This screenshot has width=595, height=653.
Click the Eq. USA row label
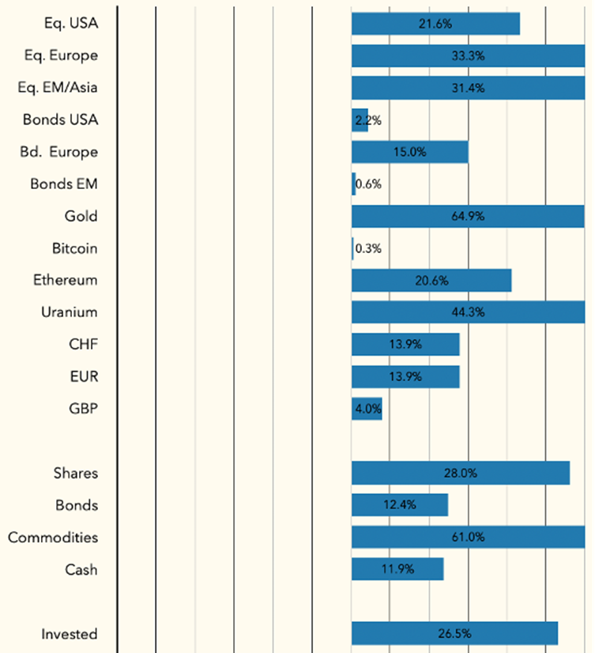click(71, 24)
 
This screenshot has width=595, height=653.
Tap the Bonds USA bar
click(360, 120)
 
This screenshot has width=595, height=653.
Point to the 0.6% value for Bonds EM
click(369, 184)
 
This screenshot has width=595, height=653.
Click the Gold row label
click(81, 216)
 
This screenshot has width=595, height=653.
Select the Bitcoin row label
click(74, 248)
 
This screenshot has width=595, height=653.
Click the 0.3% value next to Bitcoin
click(369, 248)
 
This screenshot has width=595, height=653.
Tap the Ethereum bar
click(431, 281)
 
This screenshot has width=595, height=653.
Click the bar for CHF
click(405, 345)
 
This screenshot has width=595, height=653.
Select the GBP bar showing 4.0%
click(367, 409)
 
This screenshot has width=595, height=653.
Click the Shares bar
click(461, 473)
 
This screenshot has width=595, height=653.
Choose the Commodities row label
click(53, 538)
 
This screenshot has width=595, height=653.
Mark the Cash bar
click(397, 569)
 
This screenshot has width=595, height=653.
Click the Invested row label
click(70, 634)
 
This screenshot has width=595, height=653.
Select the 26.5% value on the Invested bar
click(454, 634)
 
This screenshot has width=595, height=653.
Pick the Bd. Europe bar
click(409, 152)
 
